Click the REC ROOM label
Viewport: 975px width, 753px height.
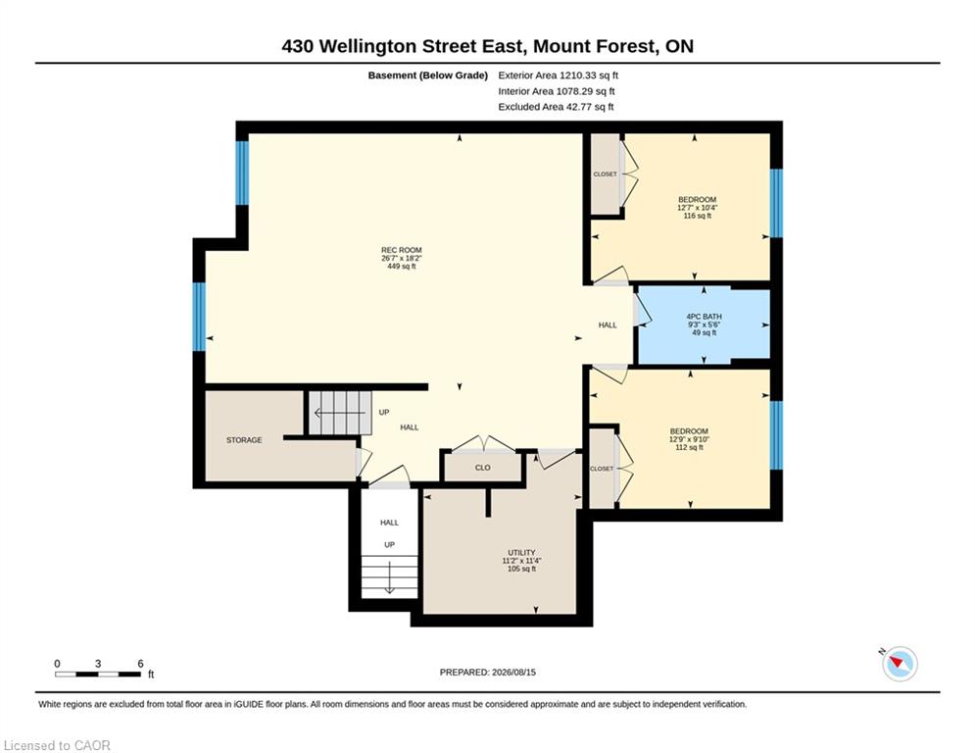pyautogui.click(x=402, y=258)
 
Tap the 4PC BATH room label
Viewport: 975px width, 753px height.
pyautogui.click(x=704, y=325)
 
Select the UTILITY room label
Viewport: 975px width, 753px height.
pyautogui.click(x=521, y=560)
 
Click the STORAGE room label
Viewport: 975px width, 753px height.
pyautogui.click(x=244, y=440)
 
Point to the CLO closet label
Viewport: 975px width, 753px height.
pyautogui.click(x=482, y=468)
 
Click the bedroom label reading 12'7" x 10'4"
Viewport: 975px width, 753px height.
pyautogui.click(x=697, y=208)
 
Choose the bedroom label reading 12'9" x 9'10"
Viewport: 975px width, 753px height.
pyautogui.click(x=689, y=438)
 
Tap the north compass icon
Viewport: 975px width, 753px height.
pyautogui.click(x=900, y=663)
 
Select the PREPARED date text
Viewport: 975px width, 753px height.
pyautogui.click(x=488, y=672)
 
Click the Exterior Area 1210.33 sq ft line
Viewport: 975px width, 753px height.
pyautogui.click(x=558, y=75)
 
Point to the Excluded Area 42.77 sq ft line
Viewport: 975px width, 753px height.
pyautogui.click(x=556, y=107)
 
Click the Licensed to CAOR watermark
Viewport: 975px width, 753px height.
pyautogui.click(x=57, y=745)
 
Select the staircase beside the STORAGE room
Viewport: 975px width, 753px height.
pyautogui.click(x=340, y=413)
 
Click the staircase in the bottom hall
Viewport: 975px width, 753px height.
pyautogui.click(x=389, y=577)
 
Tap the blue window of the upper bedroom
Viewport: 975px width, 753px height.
pyautogui.click(x=776, y=203)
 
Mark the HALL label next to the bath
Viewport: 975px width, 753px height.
pyautogui.click(x=608, y=325)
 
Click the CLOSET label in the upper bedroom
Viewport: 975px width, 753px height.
pyautogui.click(x=605, y=175)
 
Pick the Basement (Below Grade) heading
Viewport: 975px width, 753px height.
pyautogui.click(x=428, y=75)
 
